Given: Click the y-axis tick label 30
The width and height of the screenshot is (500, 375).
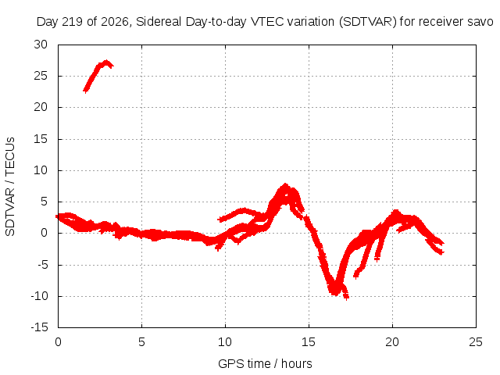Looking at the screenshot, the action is [x=41, y=45].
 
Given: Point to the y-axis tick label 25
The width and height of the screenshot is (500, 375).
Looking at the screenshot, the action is [x=41, y=76].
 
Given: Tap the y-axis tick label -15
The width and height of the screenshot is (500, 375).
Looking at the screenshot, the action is [x=39, y=327].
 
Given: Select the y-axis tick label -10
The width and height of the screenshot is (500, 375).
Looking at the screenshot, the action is [x=39, y=296].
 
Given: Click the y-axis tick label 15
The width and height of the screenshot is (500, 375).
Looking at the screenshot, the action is [x=41, y=139].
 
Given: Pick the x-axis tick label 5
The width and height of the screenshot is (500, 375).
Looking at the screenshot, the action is [x=141, y=342].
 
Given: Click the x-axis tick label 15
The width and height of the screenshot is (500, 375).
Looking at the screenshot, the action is [x=309, y=342].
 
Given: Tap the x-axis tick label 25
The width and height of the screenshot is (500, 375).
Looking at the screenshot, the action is [x=476, y=342].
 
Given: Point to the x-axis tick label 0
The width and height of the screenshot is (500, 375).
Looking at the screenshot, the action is [x=58, y=342].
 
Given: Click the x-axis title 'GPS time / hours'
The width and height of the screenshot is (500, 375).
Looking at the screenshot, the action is [x=265, y=363].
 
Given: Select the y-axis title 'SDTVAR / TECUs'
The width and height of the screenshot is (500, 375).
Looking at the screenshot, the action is [x=10, y=187].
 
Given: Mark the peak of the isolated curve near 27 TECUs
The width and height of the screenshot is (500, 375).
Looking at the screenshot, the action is [x=106, y=62].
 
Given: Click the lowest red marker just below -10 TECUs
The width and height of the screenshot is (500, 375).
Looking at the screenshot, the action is [x=346, y=298].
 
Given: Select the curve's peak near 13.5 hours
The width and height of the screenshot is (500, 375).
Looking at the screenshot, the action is [x=284, y=186].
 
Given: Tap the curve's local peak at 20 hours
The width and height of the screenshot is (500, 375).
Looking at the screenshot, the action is [x=396, y=212].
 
